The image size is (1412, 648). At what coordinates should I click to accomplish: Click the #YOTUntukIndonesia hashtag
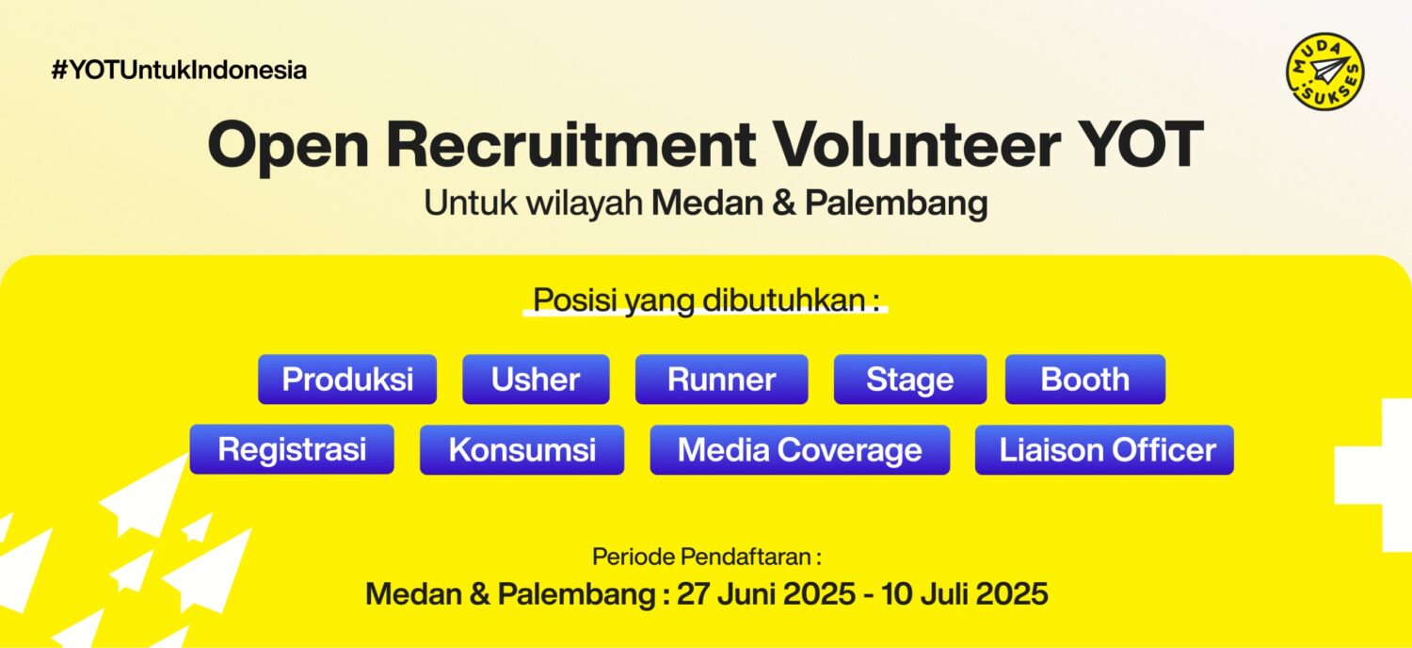[x=179, y=70]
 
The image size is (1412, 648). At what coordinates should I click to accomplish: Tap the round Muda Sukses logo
[x=1325, y=72]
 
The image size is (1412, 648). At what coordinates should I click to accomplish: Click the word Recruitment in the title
[x=571, y=144]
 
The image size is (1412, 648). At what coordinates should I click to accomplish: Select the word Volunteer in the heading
[x=917, y=144]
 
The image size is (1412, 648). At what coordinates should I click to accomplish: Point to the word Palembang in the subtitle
[x=896, y=203]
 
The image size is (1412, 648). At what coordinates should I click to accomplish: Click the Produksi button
[x=347, y=380]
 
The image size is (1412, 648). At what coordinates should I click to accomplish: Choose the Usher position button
[x=536, y=380]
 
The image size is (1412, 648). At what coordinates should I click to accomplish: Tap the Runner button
[x=722, y=380]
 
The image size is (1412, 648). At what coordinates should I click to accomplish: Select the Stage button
[x=910, y=380]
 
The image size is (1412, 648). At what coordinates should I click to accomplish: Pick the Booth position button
[x=1085, y=380]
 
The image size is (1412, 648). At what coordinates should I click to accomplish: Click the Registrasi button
[x=292, y=449]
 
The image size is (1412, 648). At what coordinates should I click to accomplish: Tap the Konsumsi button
[x=521, y=449]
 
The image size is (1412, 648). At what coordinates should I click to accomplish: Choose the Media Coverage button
[x=800, y=449]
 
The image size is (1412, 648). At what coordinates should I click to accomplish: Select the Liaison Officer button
[x=1104, y=449]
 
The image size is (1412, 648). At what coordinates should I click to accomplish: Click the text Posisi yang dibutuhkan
[x=706, y=300]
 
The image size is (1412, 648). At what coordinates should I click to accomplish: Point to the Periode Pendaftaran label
[x=707, y=558]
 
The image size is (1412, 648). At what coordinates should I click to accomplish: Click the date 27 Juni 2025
[x=766, y=593]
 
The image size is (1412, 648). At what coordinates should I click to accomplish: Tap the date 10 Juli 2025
[x=965, y=593]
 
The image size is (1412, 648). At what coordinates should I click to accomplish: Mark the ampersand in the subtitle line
[x=783, y=203]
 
